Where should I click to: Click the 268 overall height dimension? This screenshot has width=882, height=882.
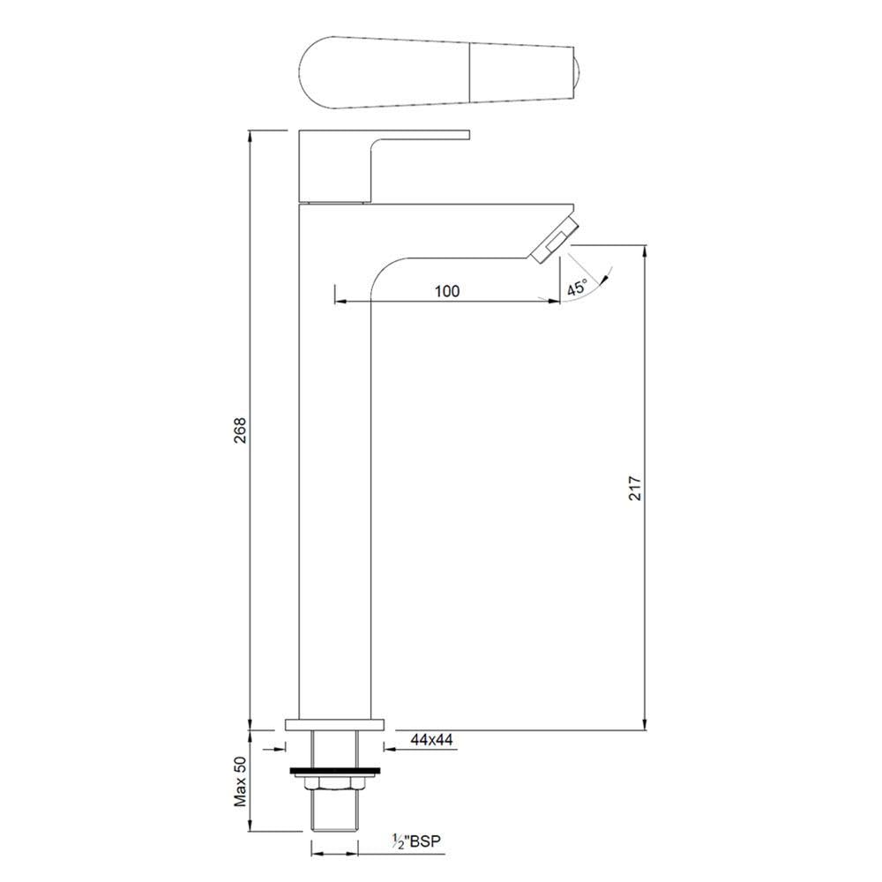tap(240, 430)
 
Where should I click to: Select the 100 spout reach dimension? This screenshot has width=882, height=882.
tap(446, 291)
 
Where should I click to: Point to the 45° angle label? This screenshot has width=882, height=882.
tap(578, 288)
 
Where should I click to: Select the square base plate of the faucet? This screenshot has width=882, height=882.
tap(335, 725)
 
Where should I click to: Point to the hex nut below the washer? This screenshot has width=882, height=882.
tap(335, 783)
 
